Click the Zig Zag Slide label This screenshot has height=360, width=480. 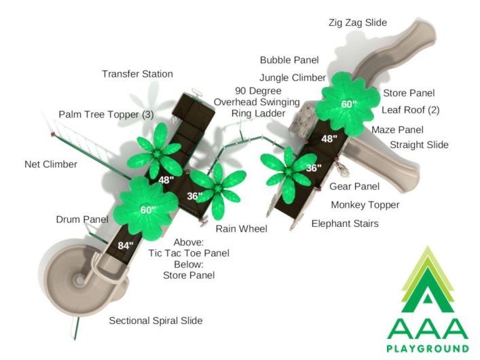click(x=358, y=22)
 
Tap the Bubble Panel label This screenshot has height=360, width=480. click(x=289, y=60)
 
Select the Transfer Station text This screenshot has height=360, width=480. click(x=137, y=74)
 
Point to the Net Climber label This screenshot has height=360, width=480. click(x=51, y=164)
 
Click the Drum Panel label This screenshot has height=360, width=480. click(x=82, y=219)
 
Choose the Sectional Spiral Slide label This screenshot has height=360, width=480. click(x=156, y=321)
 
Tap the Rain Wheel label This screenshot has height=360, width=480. click(x=241, y=228)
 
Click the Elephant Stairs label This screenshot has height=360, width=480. click(x=345, y=223)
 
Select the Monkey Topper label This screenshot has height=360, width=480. click(x=365, y=205)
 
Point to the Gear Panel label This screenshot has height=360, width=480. click(x=354, y=186)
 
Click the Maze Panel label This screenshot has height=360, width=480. click(x=397, y=130)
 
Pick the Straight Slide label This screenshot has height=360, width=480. click(x=419, y=145)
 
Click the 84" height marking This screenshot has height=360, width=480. click(x=126, y=245)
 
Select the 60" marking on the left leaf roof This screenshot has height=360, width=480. click(x=148, y=210)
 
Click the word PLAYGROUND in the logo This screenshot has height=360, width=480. click(x=428, y=348)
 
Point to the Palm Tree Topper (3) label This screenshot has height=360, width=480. click(x=106, y=115)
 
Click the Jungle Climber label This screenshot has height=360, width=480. click(x=293, y=78)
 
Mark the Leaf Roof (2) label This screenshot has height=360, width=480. click(x=411, y=110)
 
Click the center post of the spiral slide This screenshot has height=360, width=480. click(x=79, y=280)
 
